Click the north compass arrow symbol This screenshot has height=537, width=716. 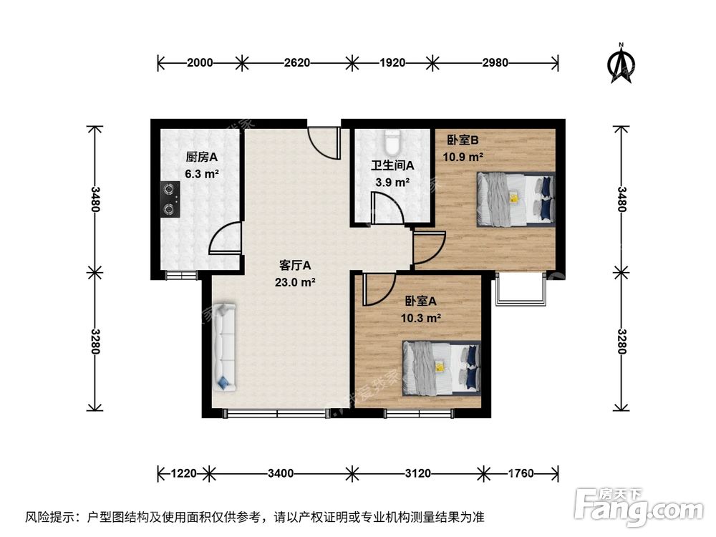pos(622,63)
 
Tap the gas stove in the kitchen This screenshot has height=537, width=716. pos(170,200)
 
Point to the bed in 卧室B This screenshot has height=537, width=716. pos(516,198)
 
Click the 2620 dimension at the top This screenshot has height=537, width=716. pos(296,63)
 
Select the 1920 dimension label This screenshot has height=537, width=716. pos(391,63)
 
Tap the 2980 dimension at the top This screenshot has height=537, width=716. pos(494,63)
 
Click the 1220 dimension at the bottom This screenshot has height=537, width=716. pos(184,473)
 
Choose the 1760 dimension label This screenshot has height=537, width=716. pos(521,473)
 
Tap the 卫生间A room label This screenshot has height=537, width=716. pos(392,165)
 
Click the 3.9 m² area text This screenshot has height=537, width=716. pos(392,183)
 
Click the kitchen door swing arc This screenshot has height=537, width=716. pos(223,239)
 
